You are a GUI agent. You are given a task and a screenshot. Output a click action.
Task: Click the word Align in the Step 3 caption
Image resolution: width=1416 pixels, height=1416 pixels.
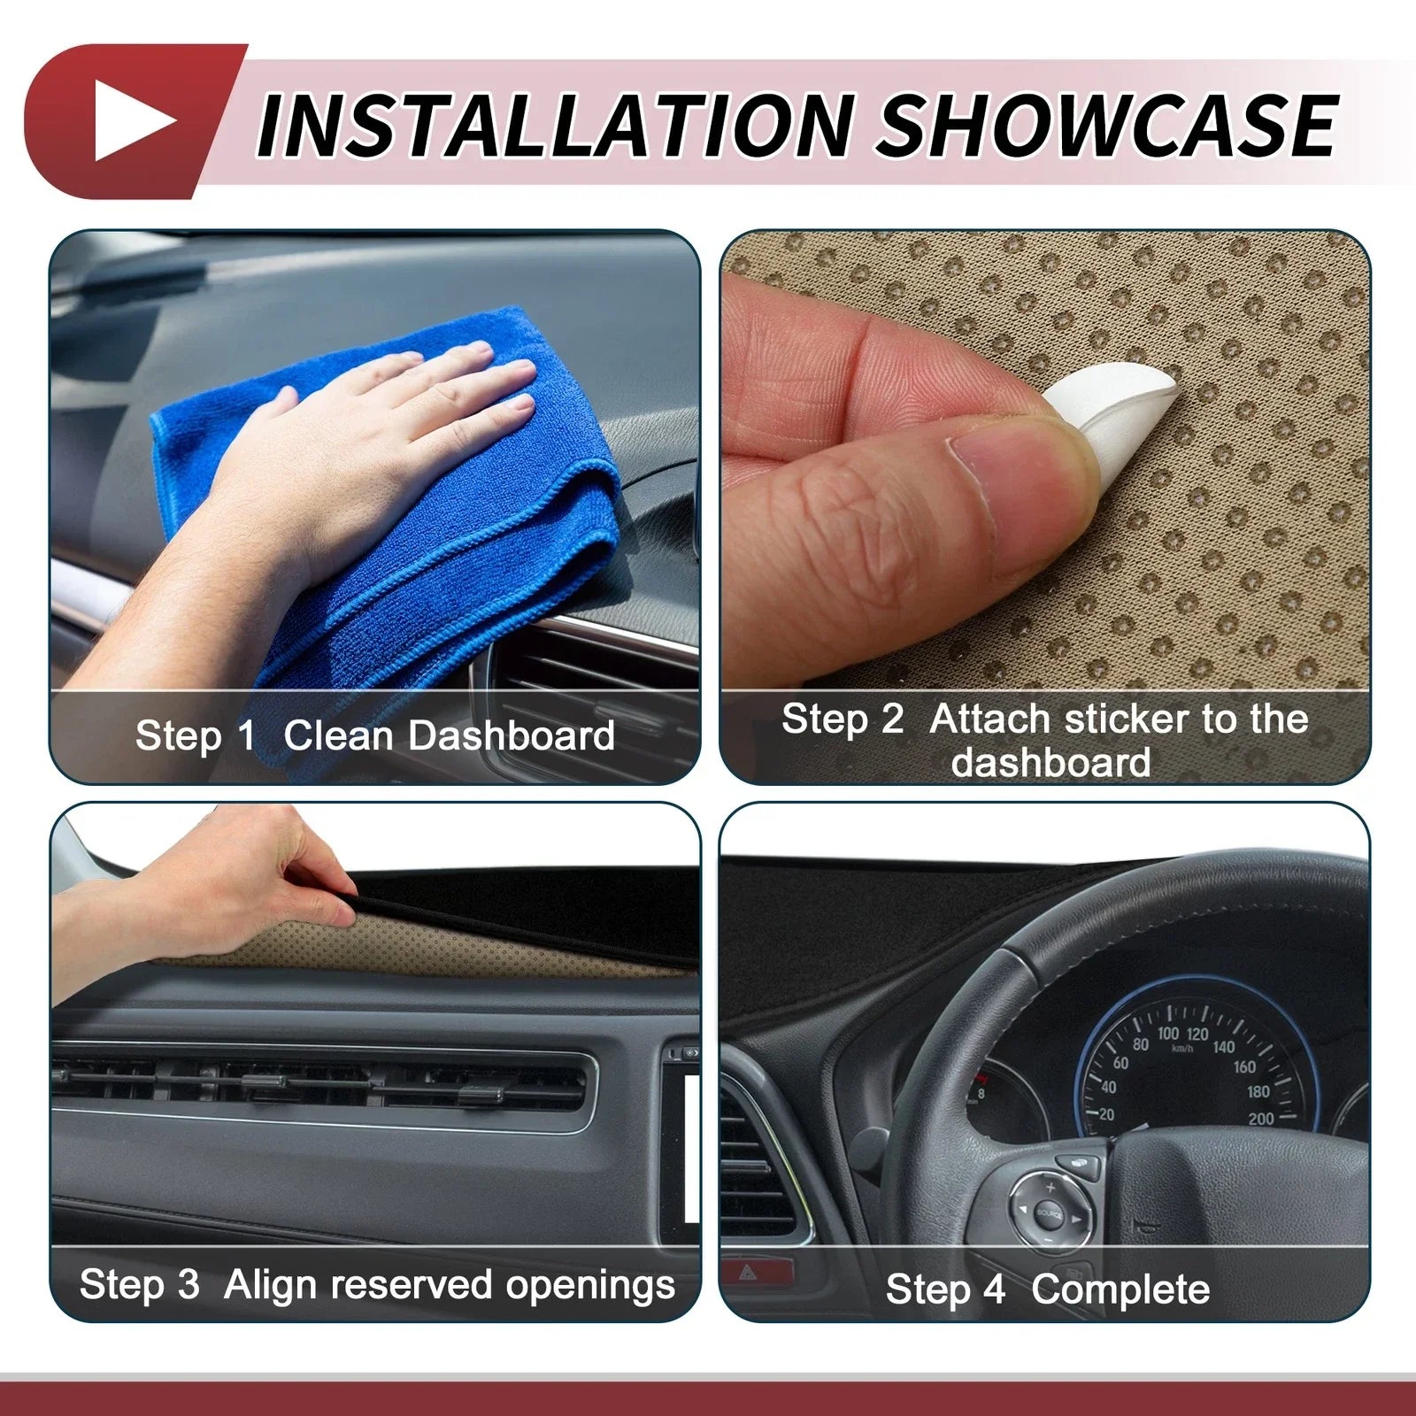pos(272,1286)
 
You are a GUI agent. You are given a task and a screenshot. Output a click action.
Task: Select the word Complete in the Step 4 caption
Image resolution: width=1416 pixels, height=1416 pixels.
pos(1120,1289)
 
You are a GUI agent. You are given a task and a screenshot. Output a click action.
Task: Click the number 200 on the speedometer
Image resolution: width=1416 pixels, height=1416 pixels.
pos(1261,1120)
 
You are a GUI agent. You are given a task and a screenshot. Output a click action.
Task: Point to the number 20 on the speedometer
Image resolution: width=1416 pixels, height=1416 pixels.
pos(1106,1114)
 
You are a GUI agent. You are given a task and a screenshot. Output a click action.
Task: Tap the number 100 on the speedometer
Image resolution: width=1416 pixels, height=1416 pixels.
pos(1168,1034)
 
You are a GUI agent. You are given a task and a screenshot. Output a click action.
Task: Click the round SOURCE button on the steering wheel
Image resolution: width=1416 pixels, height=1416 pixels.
pos(1050,1213)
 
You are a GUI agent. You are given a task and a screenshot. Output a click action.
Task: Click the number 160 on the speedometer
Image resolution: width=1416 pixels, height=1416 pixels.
pos(1244,1066)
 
